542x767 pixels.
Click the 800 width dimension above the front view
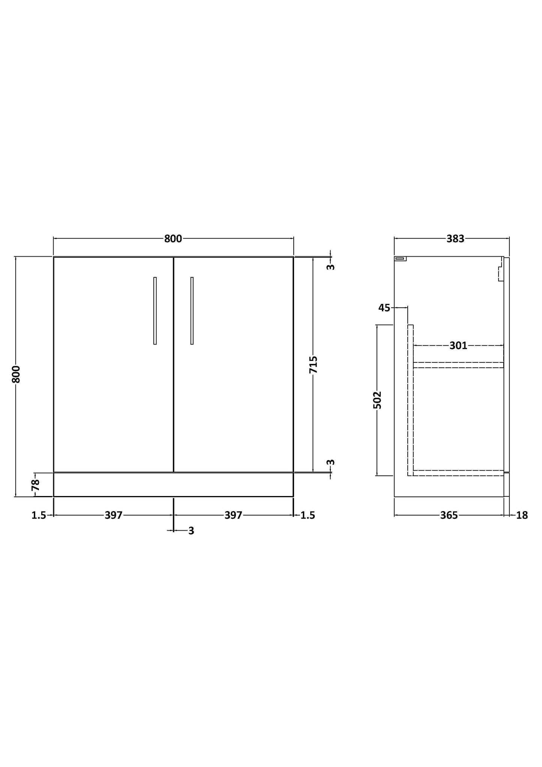click(x=173, y=239)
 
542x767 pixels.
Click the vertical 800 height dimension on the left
click(x=16, y=374)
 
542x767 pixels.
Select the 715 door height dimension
click(x=313, y=364)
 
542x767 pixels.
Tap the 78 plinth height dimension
click(x=36, y=485)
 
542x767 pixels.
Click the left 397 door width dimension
click(x=113, y=515)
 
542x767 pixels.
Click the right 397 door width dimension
click(x=233, y=515)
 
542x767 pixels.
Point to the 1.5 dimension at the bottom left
click(x=39, y=516)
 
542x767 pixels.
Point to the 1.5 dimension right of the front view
click(x=308, y=516)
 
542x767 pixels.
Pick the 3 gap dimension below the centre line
click(x=191, y=531)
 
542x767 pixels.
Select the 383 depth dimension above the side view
click(x=455, y=239)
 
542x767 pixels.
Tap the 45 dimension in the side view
click(x=384, y=308)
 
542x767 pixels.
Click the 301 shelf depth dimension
click(x=458, y=346)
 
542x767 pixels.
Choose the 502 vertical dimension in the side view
click(x=378, y=400)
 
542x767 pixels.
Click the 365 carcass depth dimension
click(x=449, y=516)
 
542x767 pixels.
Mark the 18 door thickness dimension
click(x=522, y=516)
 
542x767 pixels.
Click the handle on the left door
click(x=155, y=311)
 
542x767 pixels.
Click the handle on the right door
click(x=192, y=311)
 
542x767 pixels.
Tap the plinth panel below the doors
click(x=173, y=484)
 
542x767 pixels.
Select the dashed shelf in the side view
click(x=458, y=365)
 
